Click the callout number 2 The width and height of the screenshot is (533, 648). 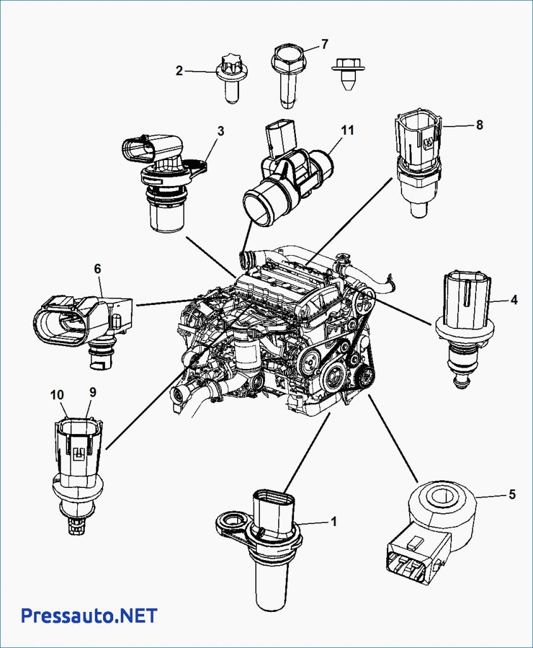click(x=180, y=71)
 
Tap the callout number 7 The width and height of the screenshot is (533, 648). click(x=324, y=44)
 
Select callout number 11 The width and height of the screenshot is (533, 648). click(x=346, y=130)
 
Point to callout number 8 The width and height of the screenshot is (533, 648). click(x=479, y=125)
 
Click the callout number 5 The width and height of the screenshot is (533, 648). click(x=512, y=494)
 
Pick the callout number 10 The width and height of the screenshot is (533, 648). click(x=58, y=395)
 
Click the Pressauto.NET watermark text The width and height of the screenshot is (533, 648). click(x=89, y=615)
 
